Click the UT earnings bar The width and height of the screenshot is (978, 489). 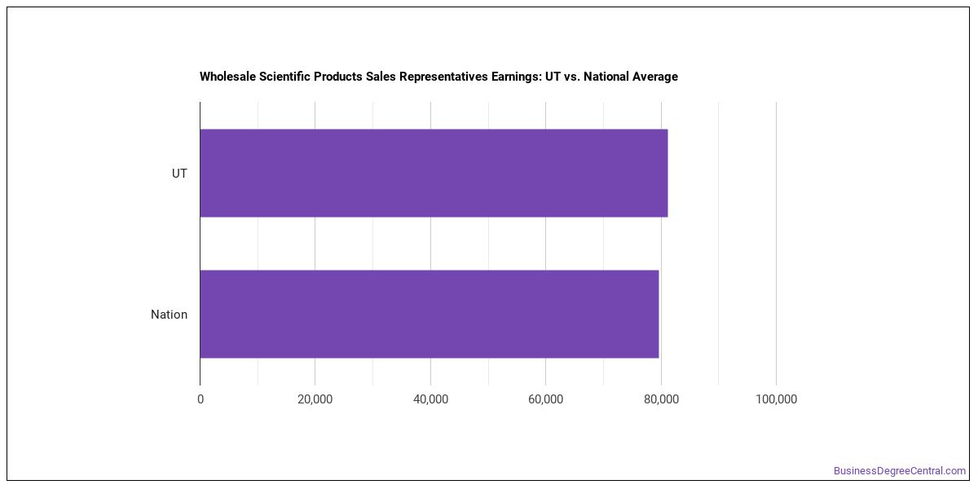tap(434, 173)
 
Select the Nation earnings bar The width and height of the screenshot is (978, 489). tap(430, 315)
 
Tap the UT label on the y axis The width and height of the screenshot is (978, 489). tap(179, 174)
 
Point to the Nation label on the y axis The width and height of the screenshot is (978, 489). tap(169, 315)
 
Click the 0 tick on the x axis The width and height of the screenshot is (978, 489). tap(200, 399)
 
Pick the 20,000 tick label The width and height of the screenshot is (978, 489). tap(315, 399)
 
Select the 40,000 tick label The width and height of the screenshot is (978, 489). tap(430, 399)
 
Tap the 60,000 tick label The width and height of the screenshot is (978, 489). tap(546, 399)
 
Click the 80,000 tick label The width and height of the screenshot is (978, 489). tap(661, 399)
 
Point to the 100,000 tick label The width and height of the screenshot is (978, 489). tap(776, 399)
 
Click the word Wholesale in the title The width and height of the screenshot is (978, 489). tap(227, 77)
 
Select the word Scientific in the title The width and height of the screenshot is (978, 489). tap(284, 77)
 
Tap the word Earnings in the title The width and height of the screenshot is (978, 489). tap(517, 77)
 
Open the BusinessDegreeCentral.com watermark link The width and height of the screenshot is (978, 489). tap(900, 471)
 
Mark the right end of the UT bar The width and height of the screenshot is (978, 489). tap(668, 173)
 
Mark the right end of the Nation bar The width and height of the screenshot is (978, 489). tap(659, 315)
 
